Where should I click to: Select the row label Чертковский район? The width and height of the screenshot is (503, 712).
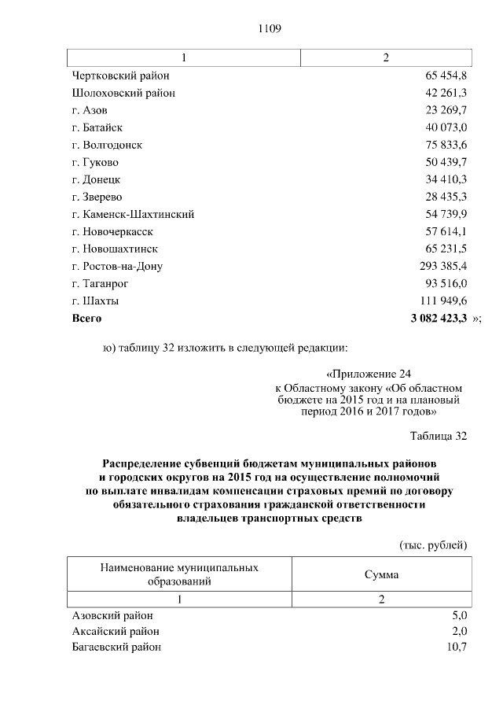click(x=120, y=76)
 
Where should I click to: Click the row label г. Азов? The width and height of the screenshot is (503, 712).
click(x=90, y=110)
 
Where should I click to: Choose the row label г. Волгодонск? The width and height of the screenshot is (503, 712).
click(x=107, y=145)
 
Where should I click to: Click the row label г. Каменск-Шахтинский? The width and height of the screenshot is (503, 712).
click(x=133, y=214)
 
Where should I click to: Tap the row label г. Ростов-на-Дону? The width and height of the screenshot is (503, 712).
click(x=117, y=266)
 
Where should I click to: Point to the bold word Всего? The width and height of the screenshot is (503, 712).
click(x=86, y=318)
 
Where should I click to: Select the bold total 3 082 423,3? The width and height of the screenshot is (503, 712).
click(x=439, y=318)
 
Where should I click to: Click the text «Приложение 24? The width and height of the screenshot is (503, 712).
click(x=368, y=374)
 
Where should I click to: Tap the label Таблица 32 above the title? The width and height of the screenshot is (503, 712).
click(x=439, y=435)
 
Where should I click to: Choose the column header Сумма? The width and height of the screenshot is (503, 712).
click(x=381, y=574)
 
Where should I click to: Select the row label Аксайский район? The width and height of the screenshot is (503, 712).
click(x=116, y=631)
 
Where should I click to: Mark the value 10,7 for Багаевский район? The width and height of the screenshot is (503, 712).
click(x=457, y=647)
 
